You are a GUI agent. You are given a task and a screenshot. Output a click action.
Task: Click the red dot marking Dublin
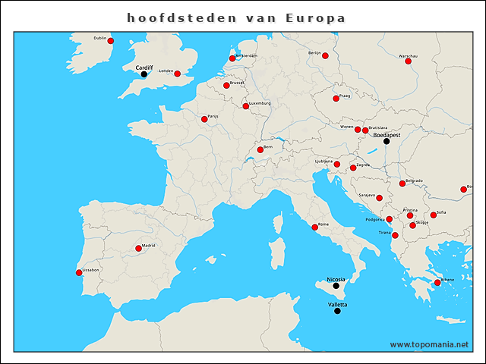111,41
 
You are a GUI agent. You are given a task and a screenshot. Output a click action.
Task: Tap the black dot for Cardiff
144,74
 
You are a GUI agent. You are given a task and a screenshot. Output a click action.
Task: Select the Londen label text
166,71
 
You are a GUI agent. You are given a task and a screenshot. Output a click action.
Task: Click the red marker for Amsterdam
232,58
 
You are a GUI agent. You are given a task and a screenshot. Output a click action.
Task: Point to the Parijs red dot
204,119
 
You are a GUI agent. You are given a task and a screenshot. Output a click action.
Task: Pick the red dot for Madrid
138,248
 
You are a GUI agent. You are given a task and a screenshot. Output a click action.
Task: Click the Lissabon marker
79,273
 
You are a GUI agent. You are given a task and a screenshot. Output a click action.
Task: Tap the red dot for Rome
315,227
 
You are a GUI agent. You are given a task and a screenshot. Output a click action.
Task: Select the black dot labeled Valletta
337,311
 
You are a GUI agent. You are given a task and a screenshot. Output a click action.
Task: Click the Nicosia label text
336,279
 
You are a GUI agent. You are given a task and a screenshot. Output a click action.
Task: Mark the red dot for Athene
437,283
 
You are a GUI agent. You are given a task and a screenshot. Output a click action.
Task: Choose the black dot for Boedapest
386,141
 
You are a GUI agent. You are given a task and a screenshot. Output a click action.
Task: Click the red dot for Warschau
409,61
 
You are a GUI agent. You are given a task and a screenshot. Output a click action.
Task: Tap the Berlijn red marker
325,56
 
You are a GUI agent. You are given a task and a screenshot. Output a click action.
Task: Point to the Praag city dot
336,99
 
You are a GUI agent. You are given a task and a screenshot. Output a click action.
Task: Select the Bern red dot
260,150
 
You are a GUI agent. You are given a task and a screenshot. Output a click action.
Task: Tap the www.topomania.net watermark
429,344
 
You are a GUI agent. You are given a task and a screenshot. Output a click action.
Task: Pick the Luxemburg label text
260,103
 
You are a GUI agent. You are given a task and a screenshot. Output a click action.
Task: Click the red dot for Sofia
434,215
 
